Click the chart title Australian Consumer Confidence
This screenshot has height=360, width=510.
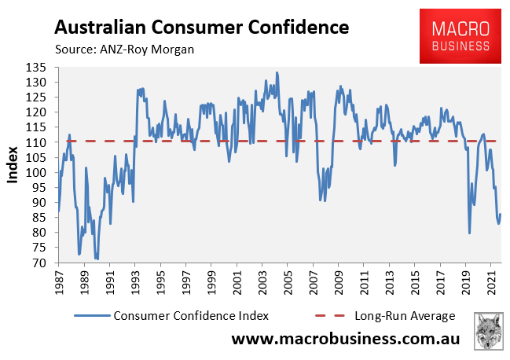(201, 28)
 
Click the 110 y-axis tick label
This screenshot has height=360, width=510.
(40, 142)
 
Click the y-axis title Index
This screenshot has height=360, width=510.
(13, 165)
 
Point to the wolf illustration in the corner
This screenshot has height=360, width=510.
(490, 331)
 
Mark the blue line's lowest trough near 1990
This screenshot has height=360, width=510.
(96, 259)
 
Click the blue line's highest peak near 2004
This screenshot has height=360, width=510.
(277, 72)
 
